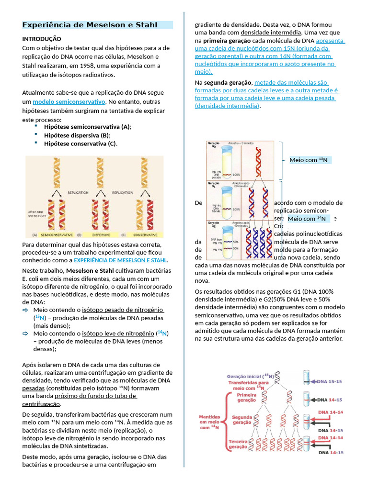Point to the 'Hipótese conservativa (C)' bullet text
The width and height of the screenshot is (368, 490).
(80, 144)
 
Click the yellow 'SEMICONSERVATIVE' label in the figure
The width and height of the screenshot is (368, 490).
(57, 235)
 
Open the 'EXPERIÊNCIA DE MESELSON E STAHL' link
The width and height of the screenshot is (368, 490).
(120, 260)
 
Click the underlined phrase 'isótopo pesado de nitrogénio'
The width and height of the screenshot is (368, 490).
(123, 310)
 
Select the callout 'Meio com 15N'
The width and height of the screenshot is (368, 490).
(309, 160)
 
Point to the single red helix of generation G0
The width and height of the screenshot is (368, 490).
(257, 160)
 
